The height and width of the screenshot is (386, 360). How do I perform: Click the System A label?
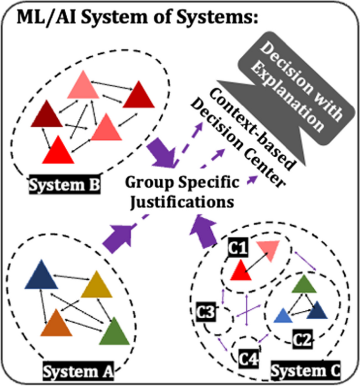point(77,372)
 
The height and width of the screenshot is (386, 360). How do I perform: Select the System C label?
point(305,372)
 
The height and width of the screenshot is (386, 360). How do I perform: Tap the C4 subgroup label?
point(250,360)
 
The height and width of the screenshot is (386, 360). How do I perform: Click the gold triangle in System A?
point(97,287)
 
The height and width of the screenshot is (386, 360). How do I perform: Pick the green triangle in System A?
point(114,332)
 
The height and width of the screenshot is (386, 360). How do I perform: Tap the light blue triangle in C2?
point(283,316)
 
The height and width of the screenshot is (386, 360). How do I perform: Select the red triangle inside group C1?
point(240,270)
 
